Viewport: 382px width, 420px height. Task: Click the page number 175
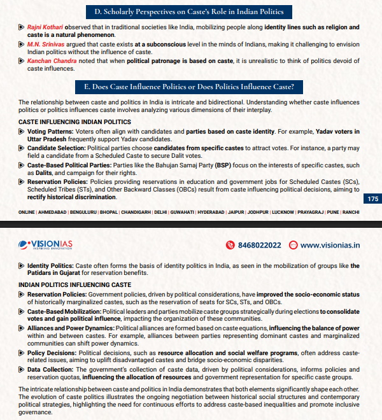pos(373,199)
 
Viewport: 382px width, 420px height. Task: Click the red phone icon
pos(230,244)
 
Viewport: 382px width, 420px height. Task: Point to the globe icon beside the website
pos(293,244)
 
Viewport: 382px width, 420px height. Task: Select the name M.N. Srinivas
pos(42,45)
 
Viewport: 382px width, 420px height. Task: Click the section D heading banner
pos(191,11)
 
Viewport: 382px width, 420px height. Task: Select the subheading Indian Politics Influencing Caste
pos(74,284)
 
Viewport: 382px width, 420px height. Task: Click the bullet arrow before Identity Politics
pos(22,266)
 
